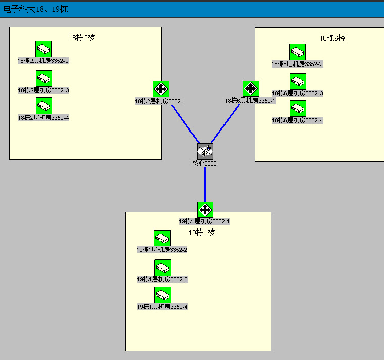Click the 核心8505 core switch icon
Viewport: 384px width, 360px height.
[205, 151]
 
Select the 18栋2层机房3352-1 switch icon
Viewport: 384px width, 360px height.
[161, 89]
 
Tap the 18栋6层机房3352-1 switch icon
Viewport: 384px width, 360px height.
[251, 89]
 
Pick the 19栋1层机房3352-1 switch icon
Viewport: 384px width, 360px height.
[205, 209]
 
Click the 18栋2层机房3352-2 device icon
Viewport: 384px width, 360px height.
[43, 49]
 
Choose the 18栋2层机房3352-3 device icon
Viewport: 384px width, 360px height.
[44, 78]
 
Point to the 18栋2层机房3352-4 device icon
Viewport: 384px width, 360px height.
[44, 106]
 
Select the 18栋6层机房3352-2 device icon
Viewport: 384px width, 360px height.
[297, 52]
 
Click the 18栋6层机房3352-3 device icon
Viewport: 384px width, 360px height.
[298, 81]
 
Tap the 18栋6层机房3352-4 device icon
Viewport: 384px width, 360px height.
[298, 108]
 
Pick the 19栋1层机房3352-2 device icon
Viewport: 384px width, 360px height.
[162, 238]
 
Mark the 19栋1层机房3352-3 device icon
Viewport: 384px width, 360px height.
[163, 268]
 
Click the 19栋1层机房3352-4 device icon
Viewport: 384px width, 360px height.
[163, 295]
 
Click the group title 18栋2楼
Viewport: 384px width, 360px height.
[82, 37]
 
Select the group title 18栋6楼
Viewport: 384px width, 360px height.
[332, 38]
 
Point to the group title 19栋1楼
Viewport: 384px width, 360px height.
[202, 233]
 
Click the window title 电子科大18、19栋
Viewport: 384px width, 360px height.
[36, 9]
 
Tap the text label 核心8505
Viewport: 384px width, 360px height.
[205, 163]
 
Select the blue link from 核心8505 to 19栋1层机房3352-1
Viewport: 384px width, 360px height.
[205, 184]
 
